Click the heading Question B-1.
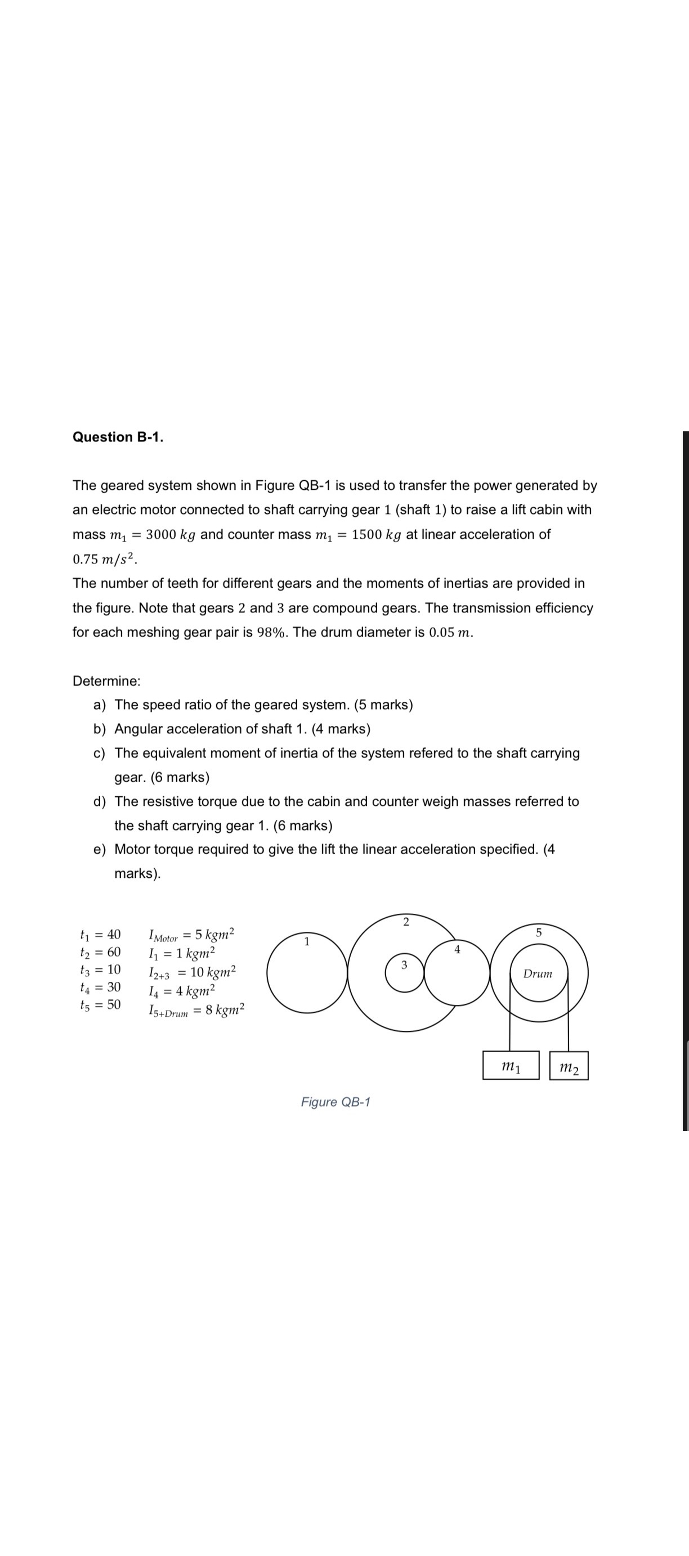(118, 437)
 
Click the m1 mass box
(511, 1066)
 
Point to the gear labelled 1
(307, 972)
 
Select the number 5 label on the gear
(539, 932)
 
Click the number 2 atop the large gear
(405, 922)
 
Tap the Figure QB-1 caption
(335, 1102)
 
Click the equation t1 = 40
(100, 935)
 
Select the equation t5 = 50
(100, 1004)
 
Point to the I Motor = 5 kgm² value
(191, 935)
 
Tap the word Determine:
(106, 681)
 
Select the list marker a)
(100, 705)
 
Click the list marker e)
(100, 849)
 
